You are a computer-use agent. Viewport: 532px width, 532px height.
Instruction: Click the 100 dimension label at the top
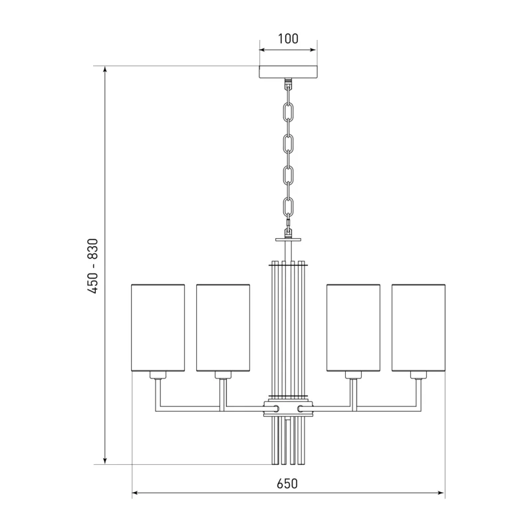pyautogui.click(x=288, y=39)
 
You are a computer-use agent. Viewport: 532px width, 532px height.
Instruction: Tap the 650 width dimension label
pyautogui.click(x=287, y=483)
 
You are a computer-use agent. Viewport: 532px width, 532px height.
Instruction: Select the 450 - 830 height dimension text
pyautogui.click(x=92, y=266)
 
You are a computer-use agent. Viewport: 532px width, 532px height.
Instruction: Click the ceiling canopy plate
pyautogui.click(x=289, y=72)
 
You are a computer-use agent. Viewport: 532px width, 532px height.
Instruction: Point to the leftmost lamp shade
pyautogui.click(x=158, y=328)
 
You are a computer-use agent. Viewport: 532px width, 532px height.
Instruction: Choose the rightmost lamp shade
pyautogui.click(x=418, y=328)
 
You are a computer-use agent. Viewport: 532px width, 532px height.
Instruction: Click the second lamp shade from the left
pyautogui.click(x=223, y=328)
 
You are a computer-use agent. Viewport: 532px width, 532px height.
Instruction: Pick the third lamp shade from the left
pyautogui.click(x=353, y=328)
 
